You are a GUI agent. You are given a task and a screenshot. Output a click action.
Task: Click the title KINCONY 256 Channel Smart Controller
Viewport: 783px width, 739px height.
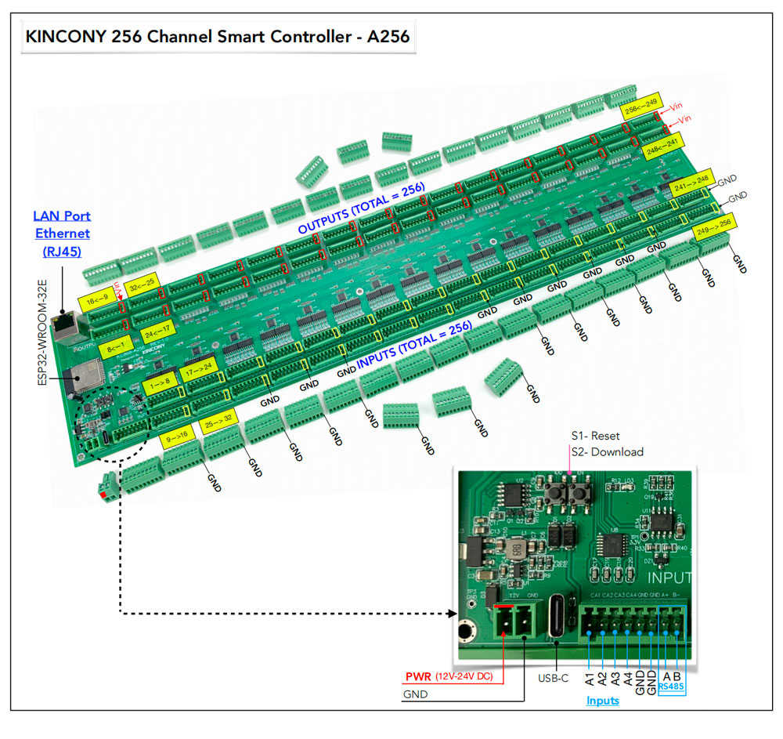(218, 37)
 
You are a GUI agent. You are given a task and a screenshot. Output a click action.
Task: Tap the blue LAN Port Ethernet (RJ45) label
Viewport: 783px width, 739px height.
(61, 233)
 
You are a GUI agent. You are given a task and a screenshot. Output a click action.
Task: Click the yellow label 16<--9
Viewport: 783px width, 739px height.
(96, 300)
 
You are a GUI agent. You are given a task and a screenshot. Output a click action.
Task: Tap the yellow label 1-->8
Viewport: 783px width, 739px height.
(160, 384)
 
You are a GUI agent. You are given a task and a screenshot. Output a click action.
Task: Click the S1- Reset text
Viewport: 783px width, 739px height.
(595, 436)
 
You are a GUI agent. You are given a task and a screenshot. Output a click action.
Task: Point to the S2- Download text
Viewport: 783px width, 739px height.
(608, 451)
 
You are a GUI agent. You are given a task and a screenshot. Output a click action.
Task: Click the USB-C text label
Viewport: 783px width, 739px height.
(554, 678)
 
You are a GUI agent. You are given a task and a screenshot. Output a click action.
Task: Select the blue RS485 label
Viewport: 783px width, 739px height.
(671, 686)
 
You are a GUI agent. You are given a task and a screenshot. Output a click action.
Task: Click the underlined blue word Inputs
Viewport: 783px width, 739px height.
(602, 701)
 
